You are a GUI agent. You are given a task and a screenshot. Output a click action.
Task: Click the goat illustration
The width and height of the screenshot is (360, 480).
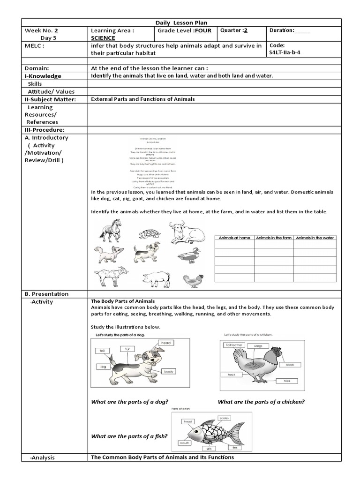[x=110, y=277]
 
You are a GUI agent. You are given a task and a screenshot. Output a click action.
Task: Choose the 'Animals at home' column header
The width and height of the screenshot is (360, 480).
[x=234, y=238]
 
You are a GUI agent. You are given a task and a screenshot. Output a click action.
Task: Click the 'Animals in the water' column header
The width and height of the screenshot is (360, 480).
[x=315, y=238]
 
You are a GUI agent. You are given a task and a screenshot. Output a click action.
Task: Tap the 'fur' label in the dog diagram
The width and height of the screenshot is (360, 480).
[x=127, y=349]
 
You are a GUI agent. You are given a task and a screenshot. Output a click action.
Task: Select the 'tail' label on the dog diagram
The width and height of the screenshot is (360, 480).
[x=101, y=350]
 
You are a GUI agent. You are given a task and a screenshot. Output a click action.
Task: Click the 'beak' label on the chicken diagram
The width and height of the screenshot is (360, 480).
[x=290, y=364]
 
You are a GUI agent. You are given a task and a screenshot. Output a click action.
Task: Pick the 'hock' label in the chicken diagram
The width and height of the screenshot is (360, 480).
[x=231, y=375]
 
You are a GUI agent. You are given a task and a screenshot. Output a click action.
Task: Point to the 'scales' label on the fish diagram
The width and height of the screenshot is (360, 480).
[x=224, y=418]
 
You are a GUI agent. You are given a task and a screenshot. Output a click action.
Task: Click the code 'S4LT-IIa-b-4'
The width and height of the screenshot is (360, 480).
[x=285, y=52]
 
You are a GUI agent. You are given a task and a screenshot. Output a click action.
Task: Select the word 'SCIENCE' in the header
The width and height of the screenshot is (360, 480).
[x=103, y=37]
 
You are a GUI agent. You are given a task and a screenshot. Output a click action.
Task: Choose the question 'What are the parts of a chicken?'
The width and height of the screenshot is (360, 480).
[x=261, y=402]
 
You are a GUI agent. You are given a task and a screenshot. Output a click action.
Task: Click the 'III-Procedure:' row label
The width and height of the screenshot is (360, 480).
[x=44, y=129]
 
